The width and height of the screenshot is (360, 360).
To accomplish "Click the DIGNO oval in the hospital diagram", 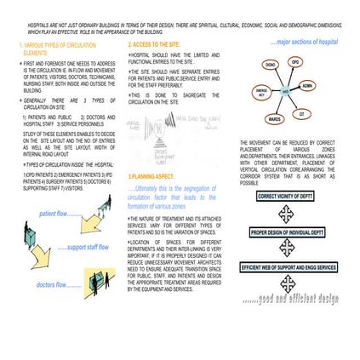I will pyautogui.click(x=271, y=65).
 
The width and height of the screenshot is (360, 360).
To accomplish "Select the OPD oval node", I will pyautogui.click(x=294, y=62).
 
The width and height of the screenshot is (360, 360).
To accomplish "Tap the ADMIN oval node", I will pyautogui.click(x=307, y=85).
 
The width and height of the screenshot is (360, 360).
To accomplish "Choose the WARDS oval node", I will pyautogui.click(x=275, y=119).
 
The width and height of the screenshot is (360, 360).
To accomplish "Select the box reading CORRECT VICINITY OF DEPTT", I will pyautogui.click(x=286, y=196).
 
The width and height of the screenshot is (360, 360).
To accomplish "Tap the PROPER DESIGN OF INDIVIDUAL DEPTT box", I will pyautogui.click(x=287, y=231).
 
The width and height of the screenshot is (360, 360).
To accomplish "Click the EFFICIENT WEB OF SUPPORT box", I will pyautogui.click(x=288, y=267).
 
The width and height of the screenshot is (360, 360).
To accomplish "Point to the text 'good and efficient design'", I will pyautogui.click(x=290, y=299).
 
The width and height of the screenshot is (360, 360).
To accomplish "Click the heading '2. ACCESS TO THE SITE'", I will pyautogui.click(x=154, y=43).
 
